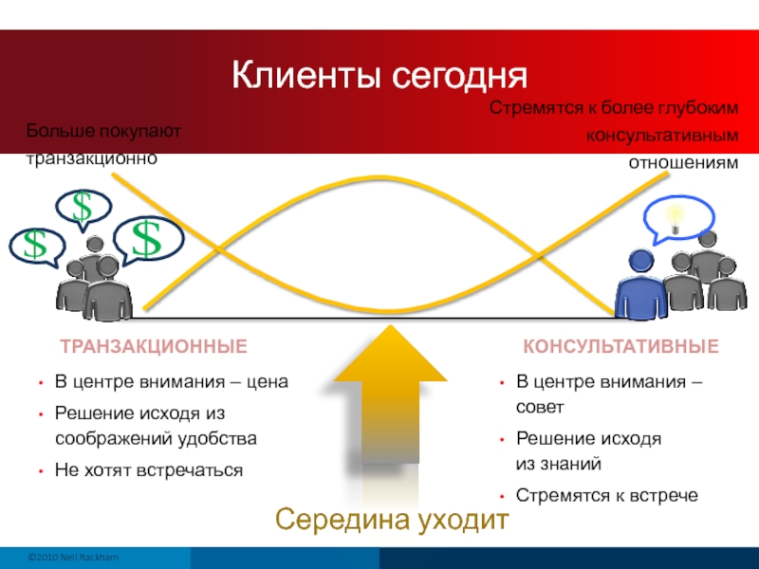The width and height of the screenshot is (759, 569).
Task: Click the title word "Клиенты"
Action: [x=306, y=76]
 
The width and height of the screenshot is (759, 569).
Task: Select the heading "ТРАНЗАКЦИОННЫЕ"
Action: [x=154, y=346]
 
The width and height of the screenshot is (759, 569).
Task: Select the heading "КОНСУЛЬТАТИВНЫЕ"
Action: [x=620, y=346]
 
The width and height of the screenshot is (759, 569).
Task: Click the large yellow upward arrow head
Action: [x=390, y=356]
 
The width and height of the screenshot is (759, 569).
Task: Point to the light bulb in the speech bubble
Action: [x=675, y=218]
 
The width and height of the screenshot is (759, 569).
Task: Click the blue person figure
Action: [x=641, y=284]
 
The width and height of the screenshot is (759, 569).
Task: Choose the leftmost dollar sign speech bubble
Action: [x=37, y=247]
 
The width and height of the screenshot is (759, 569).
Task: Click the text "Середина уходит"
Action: [x=392, y=520]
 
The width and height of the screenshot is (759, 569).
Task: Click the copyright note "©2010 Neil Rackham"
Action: [x=73, y=557]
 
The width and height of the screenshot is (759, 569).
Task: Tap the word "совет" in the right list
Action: [x=540, y=408]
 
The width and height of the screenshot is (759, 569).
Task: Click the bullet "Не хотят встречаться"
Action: [x=149, y=469]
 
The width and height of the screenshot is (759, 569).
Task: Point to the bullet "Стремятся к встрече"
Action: [x=606, y=495]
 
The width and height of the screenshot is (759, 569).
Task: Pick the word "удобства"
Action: [x=217, y=438]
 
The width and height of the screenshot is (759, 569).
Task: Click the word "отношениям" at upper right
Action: [x=683, y=163]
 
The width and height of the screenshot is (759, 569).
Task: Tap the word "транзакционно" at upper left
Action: [x=91, y=158]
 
